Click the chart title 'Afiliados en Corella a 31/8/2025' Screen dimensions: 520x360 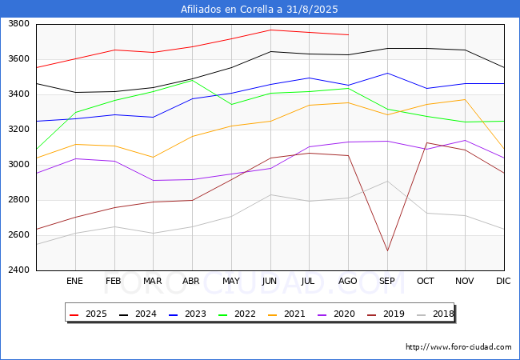pyautogui.click(x=259, y=10)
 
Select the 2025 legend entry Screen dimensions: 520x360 pyautogui.click(x=88, y=314)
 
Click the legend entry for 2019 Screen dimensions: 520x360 pyautogui.click(x=386, y=314)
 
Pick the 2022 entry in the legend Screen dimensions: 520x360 pyautogui.click(x=237, y=314)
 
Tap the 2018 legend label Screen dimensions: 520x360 pyautogui.click(x=435, y=314)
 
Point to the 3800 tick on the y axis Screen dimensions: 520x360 pyautogui.click(x=19, y=24)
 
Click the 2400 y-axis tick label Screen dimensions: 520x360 pyautogui.click(x=19, y=270)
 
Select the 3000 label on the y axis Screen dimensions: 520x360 pyautogui.click(x=19, y=165)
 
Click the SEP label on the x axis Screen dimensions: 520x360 pyautogui.click(x=387, y=281)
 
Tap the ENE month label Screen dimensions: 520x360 pyautogui.click(x=74, y=281)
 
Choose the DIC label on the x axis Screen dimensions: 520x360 pyautogui.click(x=503, y=281)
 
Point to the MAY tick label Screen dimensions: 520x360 pyautogui.click(x=231, y=281)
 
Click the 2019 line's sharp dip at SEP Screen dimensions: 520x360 pyautogui.click(x=387, y=251)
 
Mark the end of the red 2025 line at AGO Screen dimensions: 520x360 pyautogui.click(x=348, y=35)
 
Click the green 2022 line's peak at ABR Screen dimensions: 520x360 pyautogui.click(x=192, y=80)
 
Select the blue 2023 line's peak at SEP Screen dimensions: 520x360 pyautogui.click(x=387, y=74)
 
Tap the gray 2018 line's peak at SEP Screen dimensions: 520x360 pyautogui.click(x=387, y=181)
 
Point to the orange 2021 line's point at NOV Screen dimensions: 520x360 pyautogui.click(x=466, y=99)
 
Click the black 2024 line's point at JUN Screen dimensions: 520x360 pyautogui.click(x=270, y=51)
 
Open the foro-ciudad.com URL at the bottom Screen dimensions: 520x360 pyautogui.click(x=458, y=347)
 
